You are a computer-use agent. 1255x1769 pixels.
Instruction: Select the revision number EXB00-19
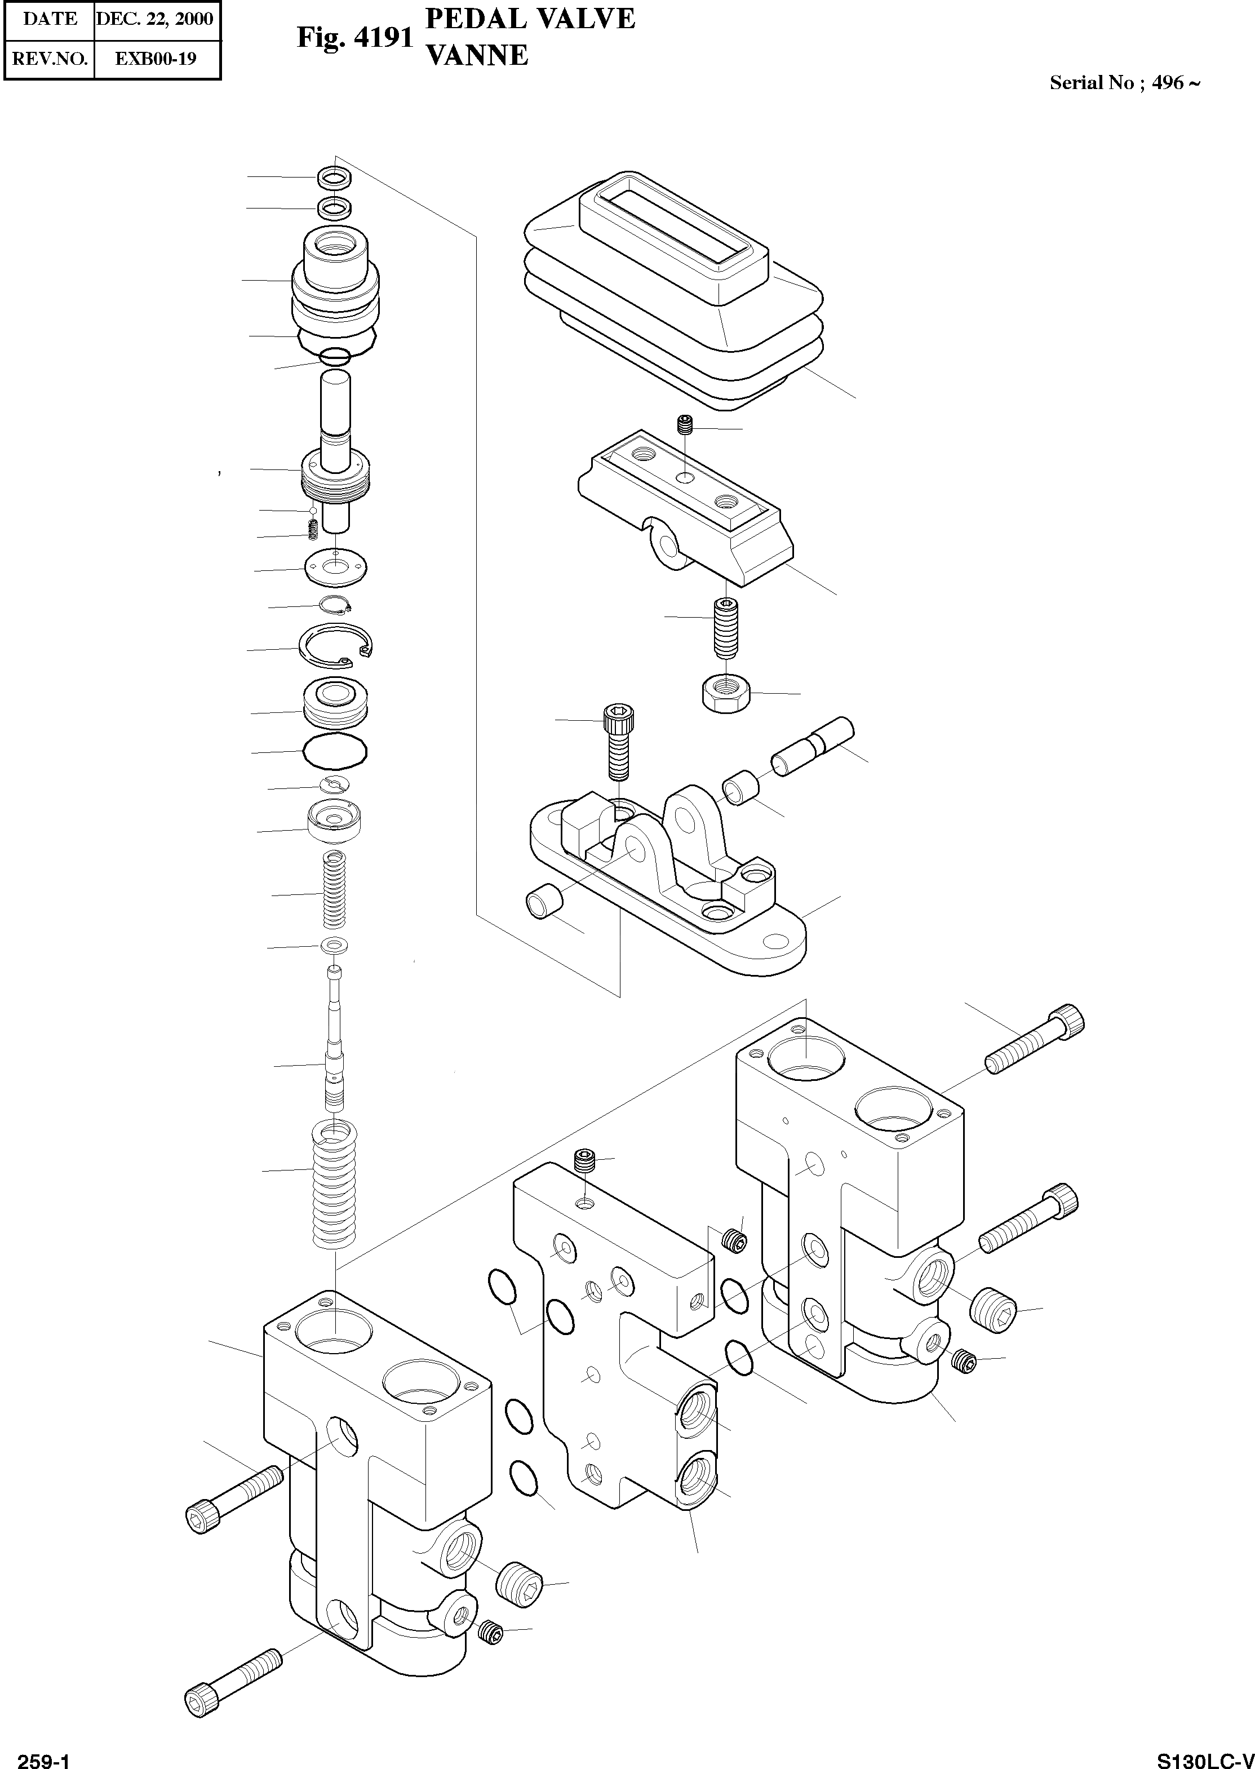[x=156, y=59]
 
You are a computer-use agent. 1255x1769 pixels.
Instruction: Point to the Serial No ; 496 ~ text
[x=1124, y=83]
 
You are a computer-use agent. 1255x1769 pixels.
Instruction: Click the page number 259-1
[x=44, y=1757]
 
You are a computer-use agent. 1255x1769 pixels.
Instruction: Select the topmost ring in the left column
[x=335, y=177]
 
